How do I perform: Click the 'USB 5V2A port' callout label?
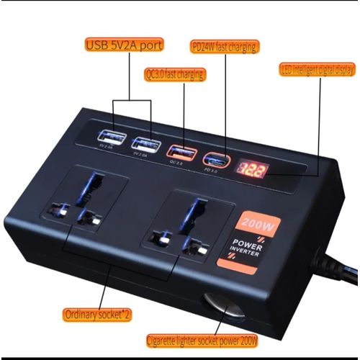tap(124, 45)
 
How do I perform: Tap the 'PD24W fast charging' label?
tap(224, 47)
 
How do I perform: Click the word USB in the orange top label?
tap(99, 45)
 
